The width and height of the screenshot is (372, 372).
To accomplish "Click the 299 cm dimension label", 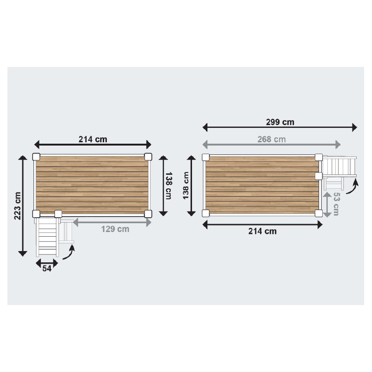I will [280, 122].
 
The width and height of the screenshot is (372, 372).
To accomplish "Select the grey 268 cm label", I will [272, 139].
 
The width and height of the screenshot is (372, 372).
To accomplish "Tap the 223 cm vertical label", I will [18, 206].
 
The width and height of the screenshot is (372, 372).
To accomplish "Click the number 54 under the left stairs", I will [46, 269].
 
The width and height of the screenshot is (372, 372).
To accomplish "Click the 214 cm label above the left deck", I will [93, 139].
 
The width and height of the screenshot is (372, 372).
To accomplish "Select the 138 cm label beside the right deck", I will [186, 186].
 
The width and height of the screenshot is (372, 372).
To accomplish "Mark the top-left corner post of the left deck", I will [36, 156].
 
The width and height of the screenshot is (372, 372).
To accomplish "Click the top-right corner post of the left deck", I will [148, 156].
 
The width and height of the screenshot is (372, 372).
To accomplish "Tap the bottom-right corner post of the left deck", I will [148, 213].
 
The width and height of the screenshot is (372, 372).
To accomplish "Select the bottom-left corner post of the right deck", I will [206, 213].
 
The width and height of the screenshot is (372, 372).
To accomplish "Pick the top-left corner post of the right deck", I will [206, 157].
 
